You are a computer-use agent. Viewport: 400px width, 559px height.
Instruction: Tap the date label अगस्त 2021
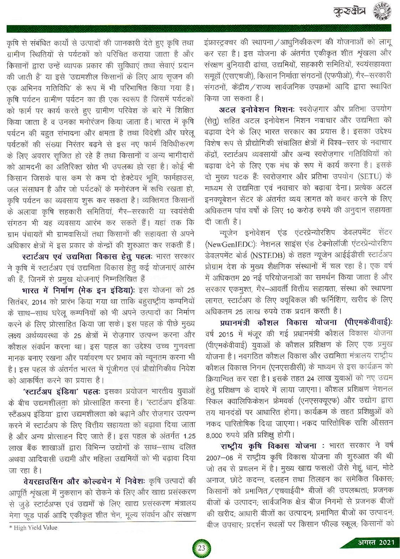[375, 543]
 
